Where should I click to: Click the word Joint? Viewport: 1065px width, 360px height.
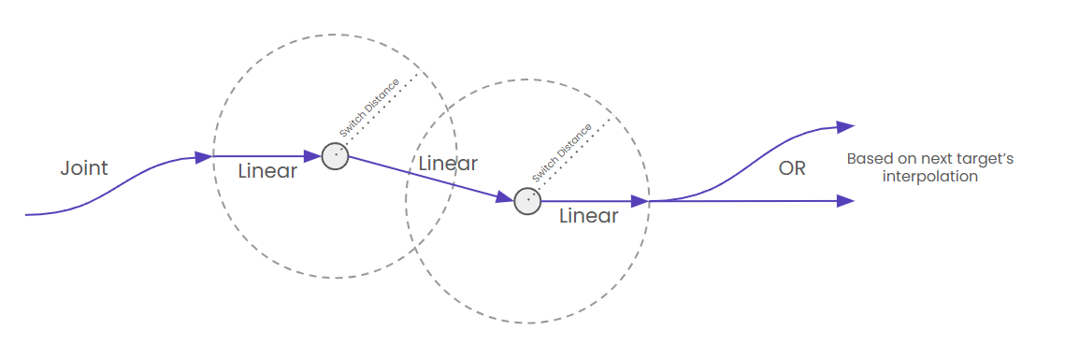tap(84, 168)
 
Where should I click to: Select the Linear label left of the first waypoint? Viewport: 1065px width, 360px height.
tap(267, 172)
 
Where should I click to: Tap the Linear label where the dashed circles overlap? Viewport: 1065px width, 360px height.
tap(448, 164)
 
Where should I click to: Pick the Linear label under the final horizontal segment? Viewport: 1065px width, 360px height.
tap(588, 216)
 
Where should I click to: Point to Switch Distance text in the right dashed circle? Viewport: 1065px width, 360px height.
tap(562, 153)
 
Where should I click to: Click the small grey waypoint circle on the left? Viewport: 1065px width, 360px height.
tap(336, 156)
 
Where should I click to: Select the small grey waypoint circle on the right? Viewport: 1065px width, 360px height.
tap(527, 200)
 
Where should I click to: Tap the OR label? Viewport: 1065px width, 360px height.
tap(791, 169)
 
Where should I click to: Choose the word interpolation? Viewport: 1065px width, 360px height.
tap(930, 177)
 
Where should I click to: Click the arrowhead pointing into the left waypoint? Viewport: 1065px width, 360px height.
tap(313, 156)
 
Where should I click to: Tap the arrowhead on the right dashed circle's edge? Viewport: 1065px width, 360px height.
tap(640, 200)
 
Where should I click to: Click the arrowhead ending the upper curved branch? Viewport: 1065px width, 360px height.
tap(846, 126)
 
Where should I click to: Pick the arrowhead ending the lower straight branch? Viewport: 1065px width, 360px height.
tap(846, 200)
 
